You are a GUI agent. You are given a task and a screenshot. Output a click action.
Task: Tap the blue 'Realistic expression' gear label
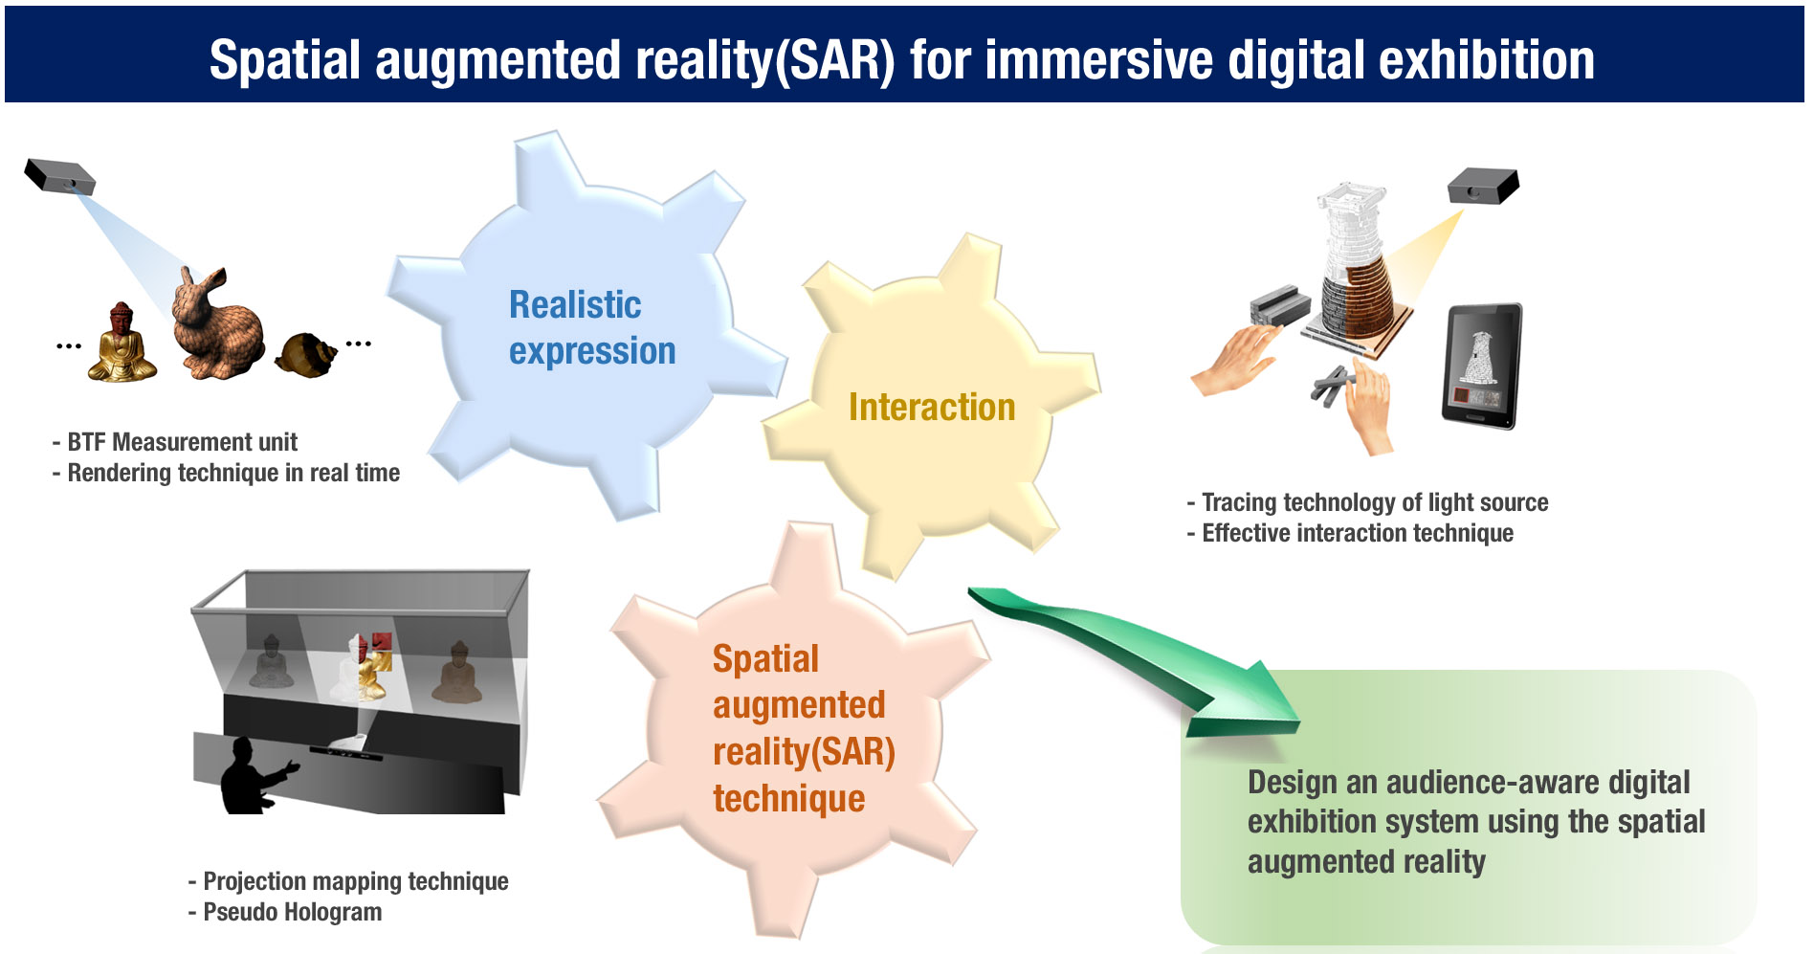592,327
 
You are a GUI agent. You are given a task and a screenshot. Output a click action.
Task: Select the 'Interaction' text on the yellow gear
932,407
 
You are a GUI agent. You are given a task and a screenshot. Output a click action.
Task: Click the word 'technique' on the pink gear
788,798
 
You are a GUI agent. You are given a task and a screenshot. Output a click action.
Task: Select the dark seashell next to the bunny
306,354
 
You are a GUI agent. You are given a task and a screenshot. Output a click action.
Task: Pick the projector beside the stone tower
1483,186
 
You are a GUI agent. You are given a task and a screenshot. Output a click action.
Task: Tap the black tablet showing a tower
1482,366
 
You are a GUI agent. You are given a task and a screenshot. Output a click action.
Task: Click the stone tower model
1356,263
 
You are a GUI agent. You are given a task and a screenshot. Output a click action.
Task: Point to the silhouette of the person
254,776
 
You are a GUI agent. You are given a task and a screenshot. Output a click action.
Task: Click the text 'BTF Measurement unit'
182,442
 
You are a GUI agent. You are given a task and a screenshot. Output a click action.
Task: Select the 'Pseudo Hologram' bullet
292,912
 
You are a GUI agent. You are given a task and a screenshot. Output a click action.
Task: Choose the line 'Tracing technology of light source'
1375,502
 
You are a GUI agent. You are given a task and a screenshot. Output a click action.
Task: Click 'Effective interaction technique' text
1358,533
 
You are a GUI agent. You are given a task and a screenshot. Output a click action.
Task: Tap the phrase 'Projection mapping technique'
356,881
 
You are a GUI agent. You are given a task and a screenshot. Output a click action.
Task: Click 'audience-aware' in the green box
1492,783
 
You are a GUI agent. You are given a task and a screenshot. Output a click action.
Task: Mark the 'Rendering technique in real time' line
233,473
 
